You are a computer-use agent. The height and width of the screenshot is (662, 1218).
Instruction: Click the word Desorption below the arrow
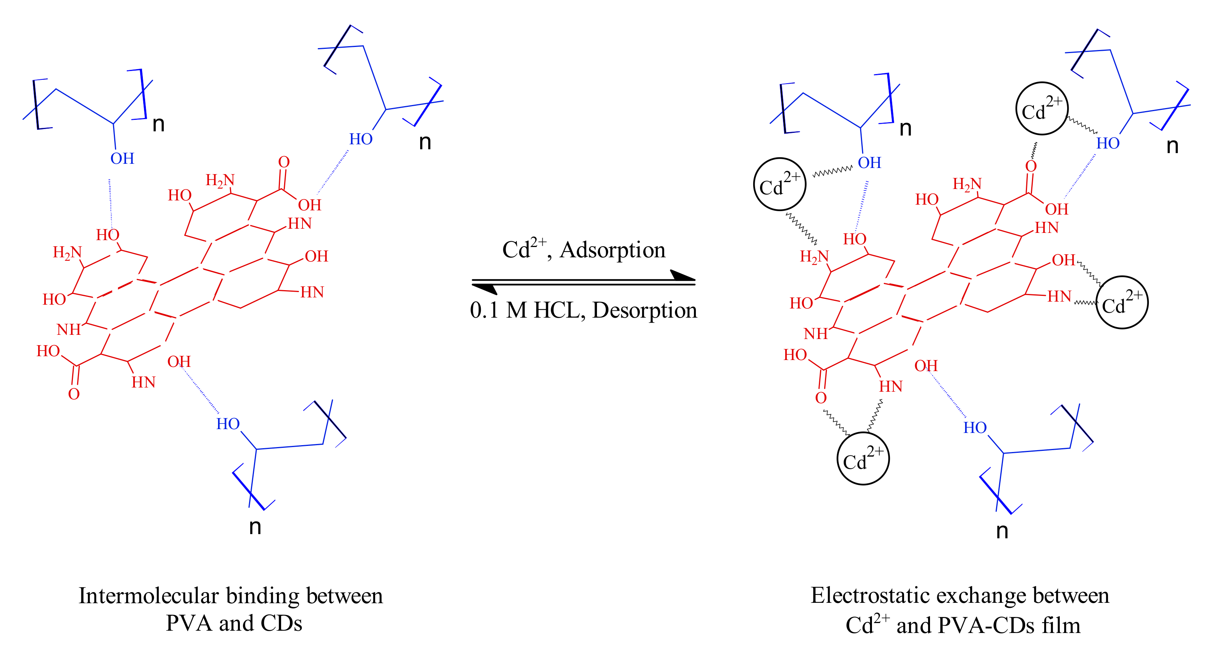[x=644, y=310]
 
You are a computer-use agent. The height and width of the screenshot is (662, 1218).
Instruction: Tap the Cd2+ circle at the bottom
[x=863, y=459]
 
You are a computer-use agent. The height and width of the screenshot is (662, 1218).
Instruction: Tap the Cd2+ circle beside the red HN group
[x=1121, y=302]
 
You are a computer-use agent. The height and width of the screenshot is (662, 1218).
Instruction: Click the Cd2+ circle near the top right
[x=1042, y=109]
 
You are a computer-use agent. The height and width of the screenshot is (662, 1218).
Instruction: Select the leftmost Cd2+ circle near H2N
[x=779, y=184]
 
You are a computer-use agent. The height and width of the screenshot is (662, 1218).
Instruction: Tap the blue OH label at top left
[x=122, y=159]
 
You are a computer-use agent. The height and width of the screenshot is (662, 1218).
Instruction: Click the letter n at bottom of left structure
[x=255, y=526]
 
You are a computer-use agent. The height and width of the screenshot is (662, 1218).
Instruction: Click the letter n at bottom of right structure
[x=1002, y=531]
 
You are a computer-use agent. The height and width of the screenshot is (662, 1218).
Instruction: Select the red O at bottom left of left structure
[x=74, y=394]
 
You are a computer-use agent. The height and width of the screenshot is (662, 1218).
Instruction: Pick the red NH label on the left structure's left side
[x=69, y=329]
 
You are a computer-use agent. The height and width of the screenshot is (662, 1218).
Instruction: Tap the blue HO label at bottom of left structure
[x=228, y=424]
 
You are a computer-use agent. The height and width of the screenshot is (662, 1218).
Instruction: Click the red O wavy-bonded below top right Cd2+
[x=1031, y=166]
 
